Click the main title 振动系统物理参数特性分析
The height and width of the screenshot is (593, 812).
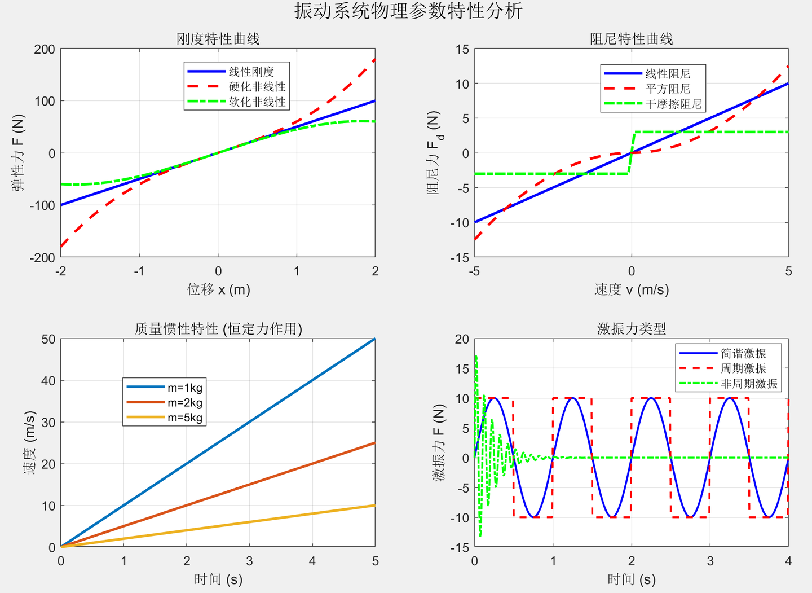[408, 11]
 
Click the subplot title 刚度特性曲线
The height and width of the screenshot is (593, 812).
[218, 39]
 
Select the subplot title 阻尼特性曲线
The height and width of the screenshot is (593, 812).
[631, 39]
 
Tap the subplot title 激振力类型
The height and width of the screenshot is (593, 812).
[631, 328]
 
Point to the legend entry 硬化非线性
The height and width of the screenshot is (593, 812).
[257, 87]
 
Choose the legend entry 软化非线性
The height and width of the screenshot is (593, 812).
[257, 102]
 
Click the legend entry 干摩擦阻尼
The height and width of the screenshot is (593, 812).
[673, 104]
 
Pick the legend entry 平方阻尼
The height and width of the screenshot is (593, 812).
[668, 89]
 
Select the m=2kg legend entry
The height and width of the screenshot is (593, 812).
[184, 403]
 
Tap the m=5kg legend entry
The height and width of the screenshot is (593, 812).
[184, 418]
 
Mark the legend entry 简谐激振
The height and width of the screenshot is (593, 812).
[743, 354]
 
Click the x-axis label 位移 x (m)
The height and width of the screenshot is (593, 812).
[218, 289]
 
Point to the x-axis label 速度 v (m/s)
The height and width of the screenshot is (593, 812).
[631, 289]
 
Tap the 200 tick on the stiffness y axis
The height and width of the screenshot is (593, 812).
[45, 49]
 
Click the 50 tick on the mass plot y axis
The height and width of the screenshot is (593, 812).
[48, 339]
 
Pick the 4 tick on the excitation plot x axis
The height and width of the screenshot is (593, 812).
[788, 561]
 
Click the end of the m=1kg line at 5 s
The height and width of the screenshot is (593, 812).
[374, 339]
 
